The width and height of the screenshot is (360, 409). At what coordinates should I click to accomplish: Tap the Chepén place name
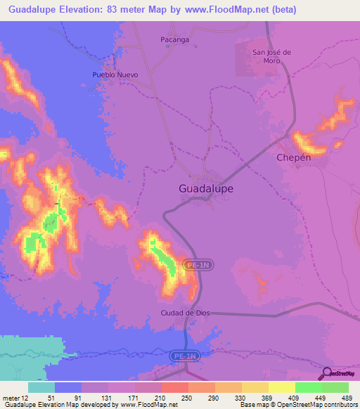click(x=294, y=157)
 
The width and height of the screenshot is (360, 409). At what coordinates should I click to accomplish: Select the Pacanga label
click(x=174, y=40)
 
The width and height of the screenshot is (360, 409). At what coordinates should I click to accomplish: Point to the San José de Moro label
click(x=266, y=56)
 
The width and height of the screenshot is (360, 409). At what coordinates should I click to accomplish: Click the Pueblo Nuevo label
click(x=115, y=74)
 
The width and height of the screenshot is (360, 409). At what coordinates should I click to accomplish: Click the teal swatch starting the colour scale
click(x=41, y=387)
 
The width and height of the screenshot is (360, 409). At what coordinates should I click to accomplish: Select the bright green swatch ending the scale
click(x=335, y=387)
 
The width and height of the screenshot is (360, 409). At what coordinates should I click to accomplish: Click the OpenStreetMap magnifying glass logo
click(x=327, y=372)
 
